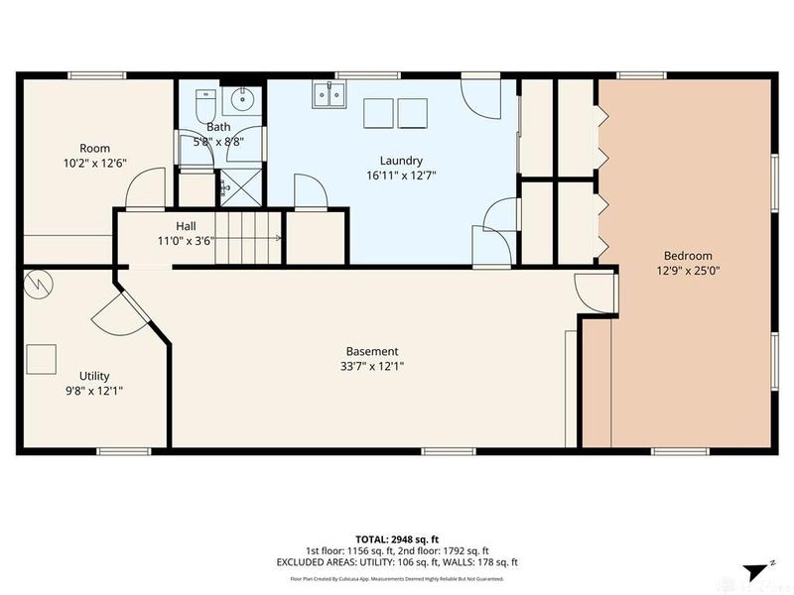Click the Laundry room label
[402, 161]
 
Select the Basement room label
[372, 351]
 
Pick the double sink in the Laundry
[328, 94]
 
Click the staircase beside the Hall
[248, 239]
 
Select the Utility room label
[94, 376]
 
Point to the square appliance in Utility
[42, 358]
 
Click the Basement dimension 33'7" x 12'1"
[372, 366]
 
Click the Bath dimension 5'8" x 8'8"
[218, 142]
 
